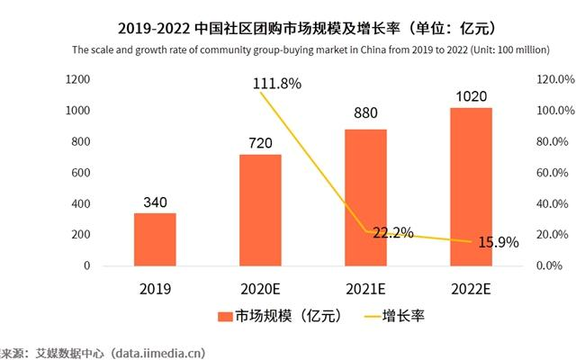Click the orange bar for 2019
pyautogui.click(x=155, y=239)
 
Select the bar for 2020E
pyautogui.click(x=259, y=210)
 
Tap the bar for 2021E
pyautogui.click(x=365, y=197)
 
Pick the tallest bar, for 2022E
pyautogui.click(x=471, y=186)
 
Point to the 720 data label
pyautogui.click(x=259, y=142)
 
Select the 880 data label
pyautogui.click(x=365, y=117)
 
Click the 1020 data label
pyautogui.click(x=471, y=94)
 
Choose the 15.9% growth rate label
pyautogui.click(x=499, y=242)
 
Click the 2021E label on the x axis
pyautogui.click(x=365, y=289)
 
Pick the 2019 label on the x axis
pyautogui.click(x=155, y=289)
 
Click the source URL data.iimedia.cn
pyautogui.click(x=159, y=351)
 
